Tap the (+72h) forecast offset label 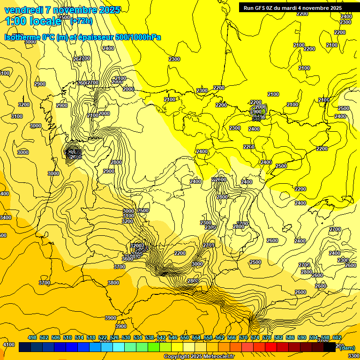coord(81,21)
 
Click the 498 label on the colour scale coord(32,337)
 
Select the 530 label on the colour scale coord(126,337)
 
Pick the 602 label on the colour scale coord(337,337)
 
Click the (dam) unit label coord(347,347)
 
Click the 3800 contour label coord(113,283)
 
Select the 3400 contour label coord(5,217)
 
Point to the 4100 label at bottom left coord(8,345)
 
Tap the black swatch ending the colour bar coord(330,347)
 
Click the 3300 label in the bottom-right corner coord(353,356)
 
